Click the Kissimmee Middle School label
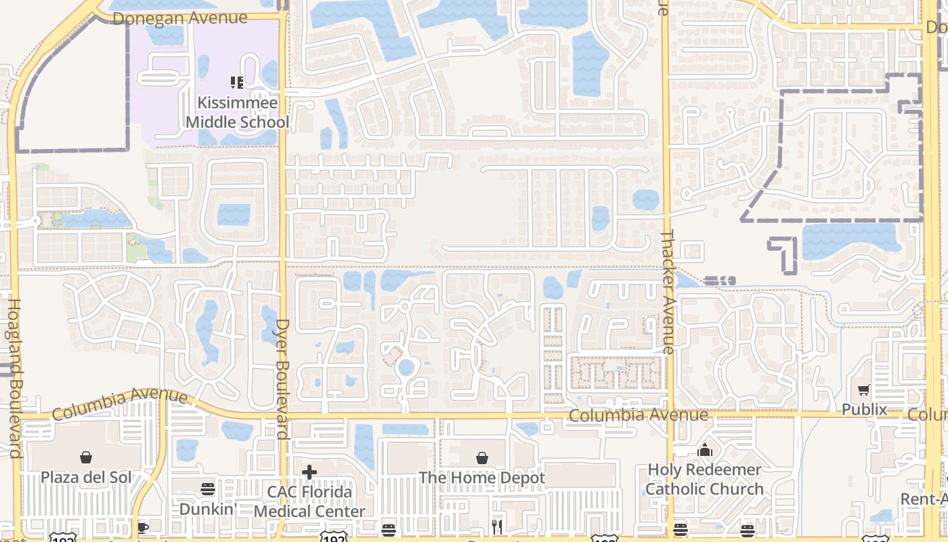point(237,112)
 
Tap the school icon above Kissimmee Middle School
point(237,83)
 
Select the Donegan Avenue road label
point(179,18)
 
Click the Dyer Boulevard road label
point(283,379)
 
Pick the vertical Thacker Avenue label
point(668,291)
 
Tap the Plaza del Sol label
point(86,477)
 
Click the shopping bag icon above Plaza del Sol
point(86,458)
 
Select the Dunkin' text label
point(208,508)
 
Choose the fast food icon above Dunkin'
point(208,489)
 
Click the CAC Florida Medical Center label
point(309,501)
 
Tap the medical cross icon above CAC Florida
point(309,472)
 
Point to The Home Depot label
point(481,478)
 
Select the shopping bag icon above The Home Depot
point(481,459)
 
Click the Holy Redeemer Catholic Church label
point(704,479)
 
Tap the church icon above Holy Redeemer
point(705,450)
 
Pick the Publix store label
point(864,409)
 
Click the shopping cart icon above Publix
point(864,390)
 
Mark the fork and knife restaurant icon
point(498,526)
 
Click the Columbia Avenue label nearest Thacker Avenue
point(638,415)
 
